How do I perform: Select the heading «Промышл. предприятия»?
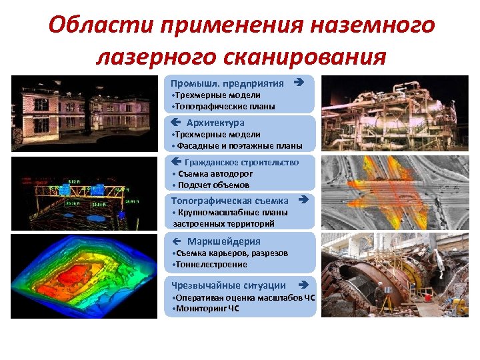coord(227,83)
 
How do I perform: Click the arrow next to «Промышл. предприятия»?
coord(299,83)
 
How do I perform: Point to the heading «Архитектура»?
coord(215,123)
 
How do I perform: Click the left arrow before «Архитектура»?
coord(175,123)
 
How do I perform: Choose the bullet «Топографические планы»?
coord(224,106)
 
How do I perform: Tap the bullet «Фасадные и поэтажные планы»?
coord(237,145)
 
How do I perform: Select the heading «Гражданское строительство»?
coord(241,162)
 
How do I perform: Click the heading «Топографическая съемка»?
coord(229,200)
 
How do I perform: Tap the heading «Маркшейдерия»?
coord(223,241)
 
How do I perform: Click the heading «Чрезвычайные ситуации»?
coord(229,285)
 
